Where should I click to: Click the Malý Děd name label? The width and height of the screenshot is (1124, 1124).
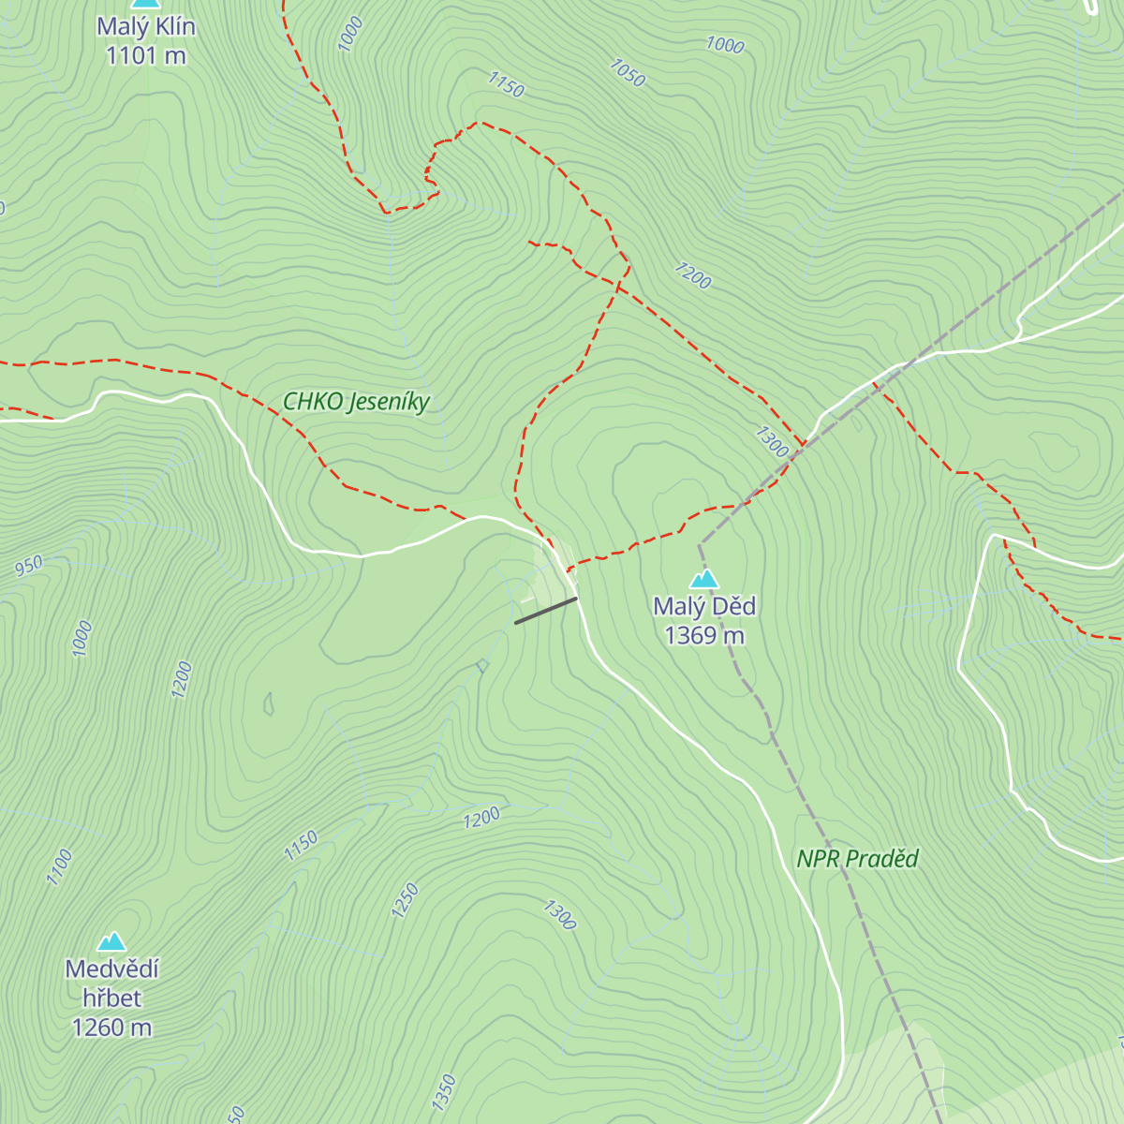point(704,607)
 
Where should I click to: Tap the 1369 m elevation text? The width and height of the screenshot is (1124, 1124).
point(704,636)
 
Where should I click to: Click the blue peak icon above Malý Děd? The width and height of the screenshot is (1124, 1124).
point(704,579)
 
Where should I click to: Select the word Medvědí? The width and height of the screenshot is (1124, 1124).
point(111,969)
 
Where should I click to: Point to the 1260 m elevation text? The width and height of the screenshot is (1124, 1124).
point(111,1028)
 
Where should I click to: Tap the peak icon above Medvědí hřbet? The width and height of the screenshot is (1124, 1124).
point(111,940)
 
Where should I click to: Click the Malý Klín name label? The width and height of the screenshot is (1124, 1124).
point(146,26)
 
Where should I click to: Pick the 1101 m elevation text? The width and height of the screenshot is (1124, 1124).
point(146,56)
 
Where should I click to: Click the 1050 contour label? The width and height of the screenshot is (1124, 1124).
point(627,73)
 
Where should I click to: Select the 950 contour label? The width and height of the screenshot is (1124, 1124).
point(29,566)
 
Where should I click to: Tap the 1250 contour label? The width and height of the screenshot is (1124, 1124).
point(405,901)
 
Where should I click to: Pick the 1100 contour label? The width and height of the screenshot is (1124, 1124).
point(60,866)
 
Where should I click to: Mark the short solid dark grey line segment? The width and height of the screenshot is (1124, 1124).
point(545,611)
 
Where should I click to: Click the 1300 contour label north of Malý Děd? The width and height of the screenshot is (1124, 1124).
point(772,442)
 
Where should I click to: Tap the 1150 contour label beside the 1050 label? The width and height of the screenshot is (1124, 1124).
point(506,85)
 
